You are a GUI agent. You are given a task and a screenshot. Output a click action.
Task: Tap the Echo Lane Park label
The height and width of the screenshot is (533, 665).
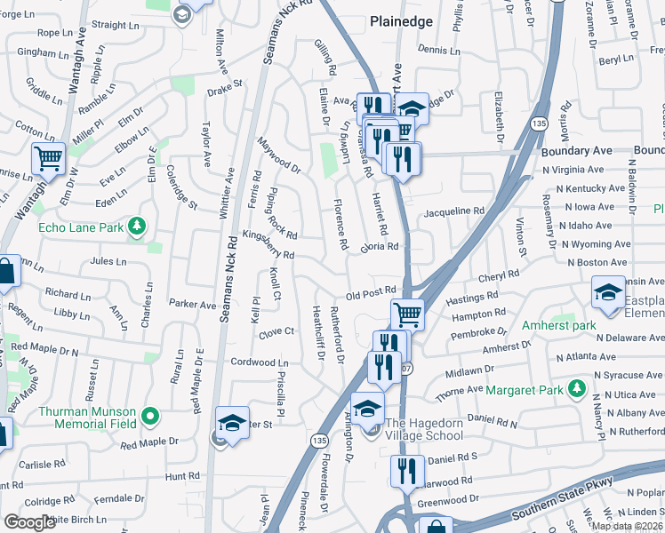81,227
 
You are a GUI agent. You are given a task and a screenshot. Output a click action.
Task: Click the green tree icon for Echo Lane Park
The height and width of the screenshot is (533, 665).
136,227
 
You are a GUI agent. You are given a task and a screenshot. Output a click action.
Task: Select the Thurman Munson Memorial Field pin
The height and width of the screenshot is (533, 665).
150,415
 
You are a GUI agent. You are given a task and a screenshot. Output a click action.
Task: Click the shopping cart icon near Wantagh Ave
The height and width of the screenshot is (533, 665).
48,159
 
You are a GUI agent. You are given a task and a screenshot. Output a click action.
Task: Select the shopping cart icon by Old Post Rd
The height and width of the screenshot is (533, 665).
407,313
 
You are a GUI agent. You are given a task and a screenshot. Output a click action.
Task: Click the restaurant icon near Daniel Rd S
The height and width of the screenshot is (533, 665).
407,470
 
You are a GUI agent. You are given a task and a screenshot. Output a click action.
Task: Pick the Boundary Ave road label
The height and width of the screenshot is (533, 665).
578,151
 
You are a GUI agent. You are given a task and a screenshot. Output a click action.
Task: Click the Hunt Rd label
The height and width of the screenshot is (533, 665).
182,476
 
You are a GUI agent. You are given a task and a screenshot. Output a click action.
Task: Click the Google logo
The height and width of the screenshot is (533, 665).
28,523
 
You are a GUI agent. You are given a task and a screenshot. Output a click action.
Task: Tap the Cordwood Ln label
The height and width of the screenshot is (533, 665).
260,362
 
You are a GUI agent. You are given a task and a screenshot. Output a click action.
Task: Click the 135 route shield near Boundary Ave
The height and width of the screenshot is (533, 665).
539,122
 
